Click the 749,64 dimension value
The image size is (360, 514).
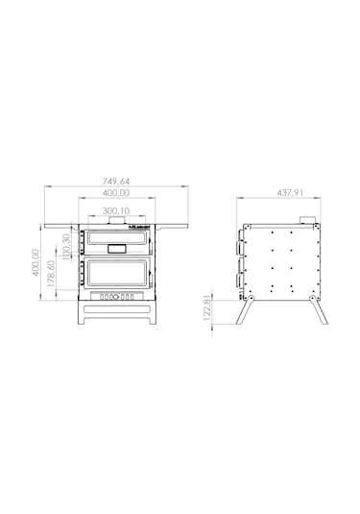116,181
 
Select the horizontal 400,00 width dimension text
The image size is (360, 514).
116,193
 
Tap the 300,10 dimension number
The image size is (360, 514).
116,210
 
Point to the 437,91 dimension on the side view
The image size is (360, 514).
290,193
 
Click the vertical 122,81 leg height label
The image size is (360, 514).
206,307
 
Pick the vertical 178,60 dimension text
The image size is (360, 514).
51,274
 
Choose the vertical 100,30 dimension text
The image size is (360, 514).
66,247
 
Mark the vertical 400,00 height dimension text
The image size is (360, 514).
36,262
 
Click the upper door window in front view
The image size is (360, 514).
116,237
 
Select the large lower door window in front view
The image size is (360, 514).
116,273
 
